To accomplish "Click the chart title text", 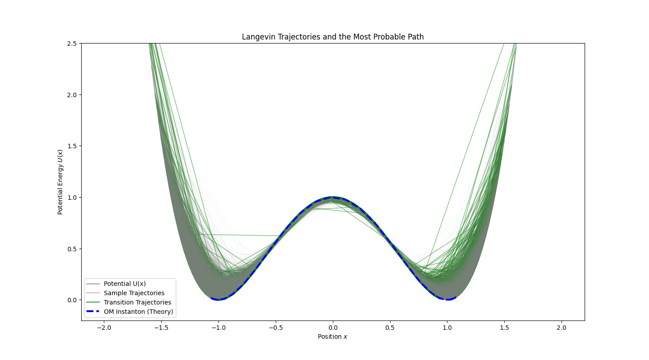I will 332,37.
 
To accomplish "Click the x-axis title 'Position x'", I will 332,337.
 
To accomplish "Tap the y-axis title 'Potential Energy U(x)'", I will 60,182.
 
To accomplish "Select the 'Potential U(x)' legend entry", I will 125,284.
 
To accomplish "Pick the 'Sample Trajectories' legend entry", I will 134,293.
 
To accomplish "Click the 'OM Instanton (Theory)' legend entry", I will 138,312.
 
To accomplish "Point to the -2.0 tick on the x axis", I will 104,328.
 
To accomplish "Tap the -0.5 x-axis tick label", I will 275,328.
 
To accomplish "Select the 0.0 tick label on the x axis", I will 333,328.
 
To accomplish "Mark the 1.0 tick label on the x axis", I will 447,328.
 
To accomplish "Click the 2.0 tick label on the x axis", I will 562,328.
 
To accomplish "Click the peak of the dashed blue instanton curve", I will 333,197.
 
